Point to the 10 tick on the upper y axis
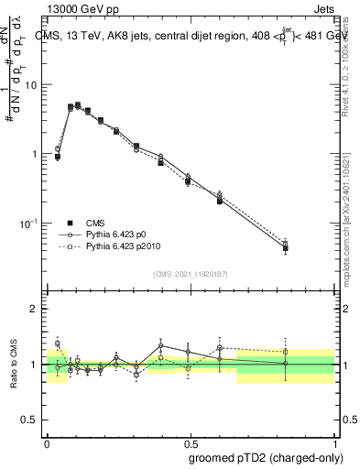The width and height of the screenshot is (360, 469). (34, 85)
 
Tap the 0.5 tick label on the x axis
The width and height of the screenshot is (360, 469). (190, 441)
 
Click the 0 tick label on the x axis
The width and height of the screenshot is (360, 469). (48, 441)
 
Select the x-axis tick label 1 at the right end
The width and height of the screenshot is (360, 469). (334, 441)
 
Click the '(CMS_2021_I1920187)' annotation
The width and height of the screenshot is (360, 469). (191, 274)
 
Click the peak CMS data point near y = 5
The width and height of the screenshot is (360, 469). (77, 105)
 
